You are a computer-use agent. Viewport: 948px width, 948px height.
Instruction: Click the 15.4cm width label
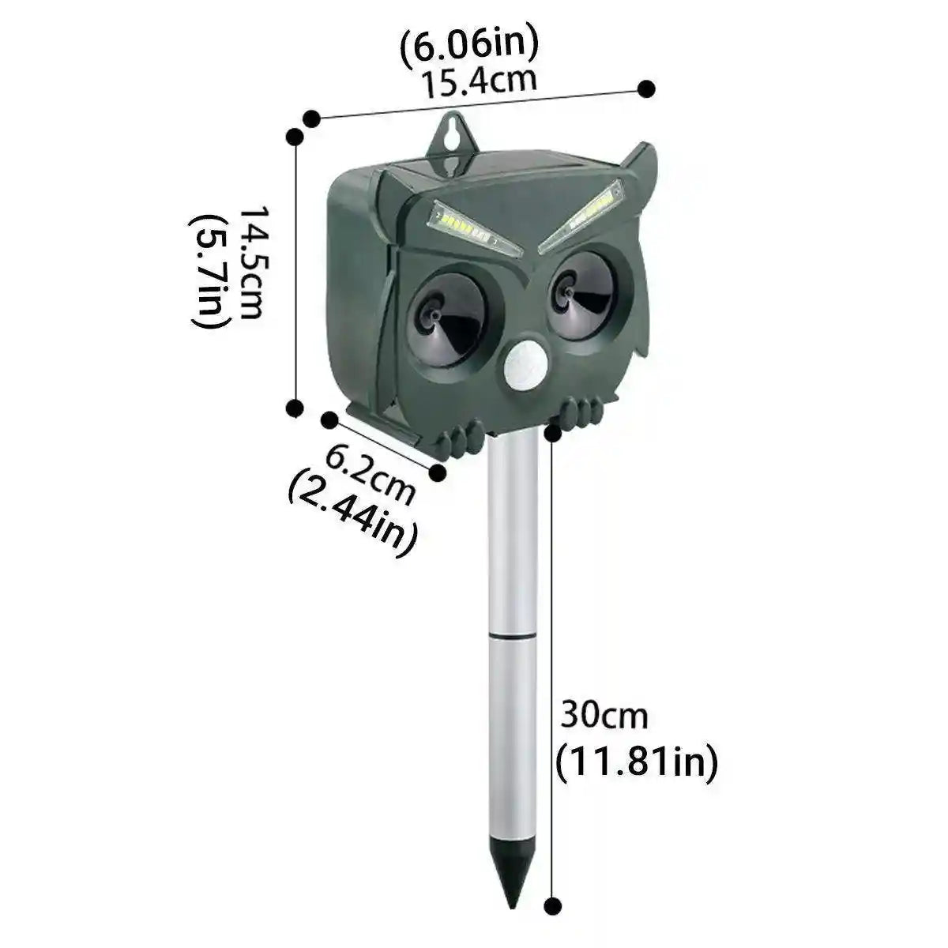[x=477, y=81]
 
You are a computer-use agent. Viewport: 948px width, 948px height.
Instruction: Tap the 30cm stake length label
[x=604, y=717]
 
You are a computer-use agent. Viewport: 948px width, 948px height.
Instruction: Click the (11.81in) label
[x=637, y=762]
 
